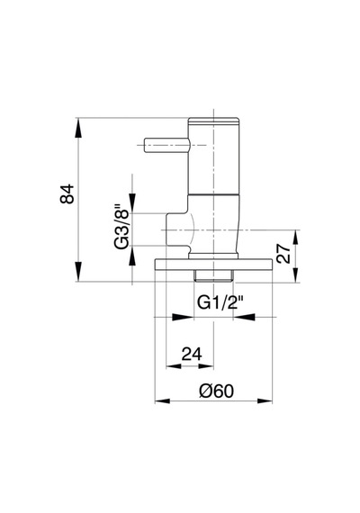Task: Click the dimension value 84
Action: (x=67, y=194)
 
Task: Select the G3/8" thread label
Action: (x=121, y=227)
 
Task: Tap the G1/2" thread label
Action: (x=220, y=302)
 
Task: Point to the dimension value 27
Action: (x=283, y=254)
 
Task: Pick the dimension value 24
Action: (x=192, y=354)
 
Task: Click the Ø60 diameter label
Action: (x=217, y=391)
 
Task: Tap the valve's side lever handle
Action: (x=166, y=145)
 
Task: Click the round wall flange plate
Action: (x=213, y=265)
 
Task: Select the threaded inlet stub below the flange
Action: (x=213, y=276)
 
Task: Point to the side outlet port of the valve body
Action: (x=176, y=229)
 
